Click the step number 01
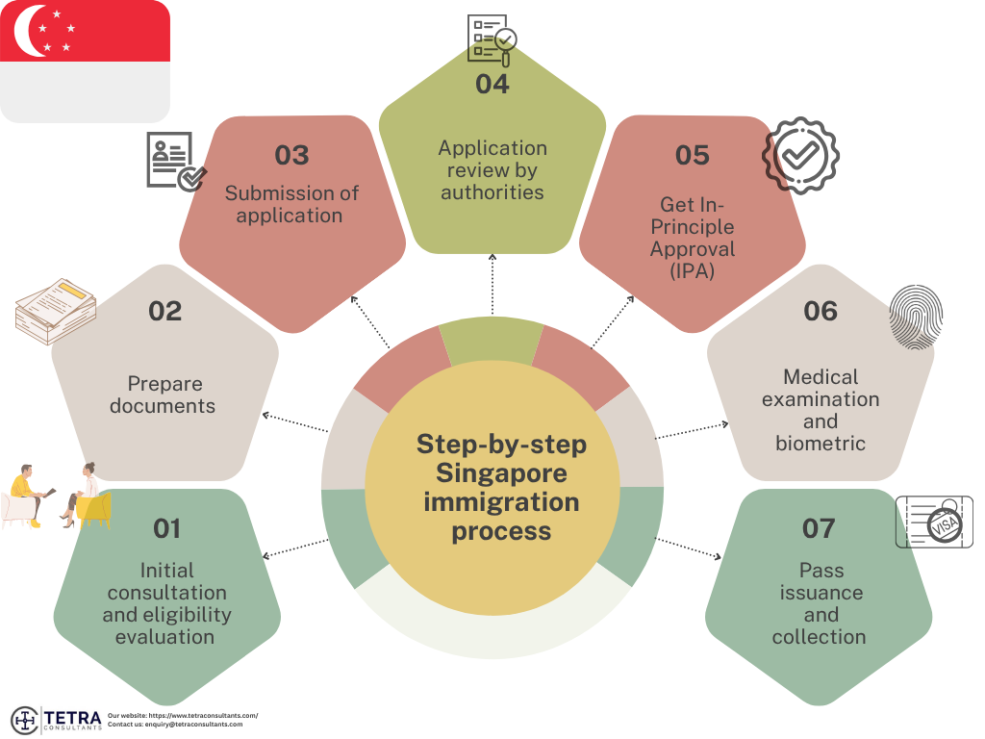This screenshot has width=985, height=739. point(166,528)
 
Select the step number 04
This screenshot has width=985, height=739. point(492,84)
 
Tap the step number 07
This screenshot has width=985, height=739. point(819,528)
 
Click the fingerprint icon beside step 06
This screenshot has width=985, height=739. point(915,317)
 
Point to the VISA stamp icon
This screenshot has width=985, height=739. point(933,522)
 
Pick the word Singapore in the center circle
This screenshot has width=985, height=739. point(500,473)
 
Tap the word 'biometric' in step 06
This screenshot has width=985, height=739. point(821,444)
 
